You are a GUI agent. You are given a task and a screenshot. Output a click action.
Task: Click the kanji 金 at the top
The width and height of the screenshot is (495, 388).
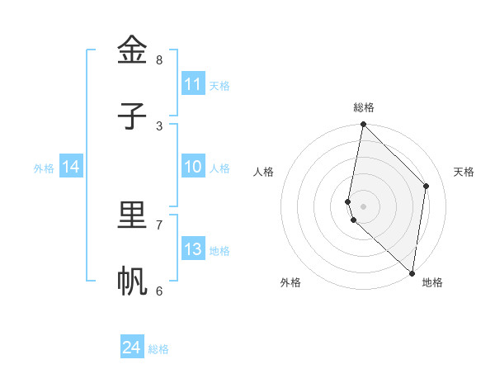[x=132, y=50]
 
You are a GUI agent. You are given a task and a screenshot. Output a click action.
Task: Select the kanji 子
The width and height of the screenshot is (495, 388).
[x=132, y=116]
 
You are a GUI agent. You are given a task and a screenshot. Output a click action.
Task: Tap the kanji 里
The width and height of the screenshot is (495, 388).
[x=132, y=215]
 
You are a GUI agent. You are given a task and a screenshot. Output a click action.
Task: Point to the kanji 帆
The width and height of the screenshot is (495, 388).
[x=132, y=282]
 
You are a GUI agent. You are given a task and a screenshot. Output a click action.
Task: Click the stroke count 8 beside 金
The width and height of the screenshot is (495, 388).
[x=159, y=60]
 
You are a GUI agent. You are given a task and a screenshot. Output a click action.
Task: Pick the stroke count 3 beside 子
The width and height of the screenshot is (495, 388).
[x=159, y=126]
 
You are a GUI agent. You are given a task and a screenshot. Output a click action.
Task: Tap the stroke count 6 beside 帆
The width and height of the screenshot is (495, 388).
[x=159, y=291]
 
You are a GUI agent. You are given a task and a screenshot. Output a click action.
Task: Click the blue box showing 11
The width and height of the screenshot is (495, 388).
[x=193, y=84]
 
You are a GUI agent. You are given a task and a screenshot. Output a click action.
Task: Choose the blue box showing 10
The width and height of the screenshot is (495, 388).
[x=193, y=167]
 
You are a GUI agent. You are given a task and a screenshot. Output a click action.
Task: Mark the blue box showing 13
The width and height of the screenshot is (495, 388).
[x=193, y=249]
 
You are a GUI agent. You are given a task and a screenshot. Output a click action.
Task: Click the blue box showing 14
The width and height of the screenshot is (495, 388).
[x=71, y=167]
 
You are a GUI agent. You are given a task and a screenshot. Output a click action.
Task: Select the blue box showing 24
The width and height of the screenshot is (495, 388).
[x=132, y=348]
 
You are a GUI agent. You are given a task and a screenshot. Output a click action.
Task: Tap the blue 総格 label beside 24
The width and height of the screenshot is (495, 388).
[x=158, y=349]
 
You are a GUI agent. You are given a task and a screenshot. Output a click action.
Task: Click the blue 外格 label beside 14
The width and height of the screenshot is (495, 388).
[x=44, y=168]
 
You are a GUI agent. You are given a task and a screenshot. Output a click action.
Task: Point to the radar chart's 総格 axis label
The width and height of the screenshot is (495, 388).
[x=364, y=107]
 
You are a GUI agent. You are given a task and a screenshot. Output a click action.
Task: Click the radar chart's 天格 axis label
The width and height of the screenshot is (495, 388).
[x=464, y=172]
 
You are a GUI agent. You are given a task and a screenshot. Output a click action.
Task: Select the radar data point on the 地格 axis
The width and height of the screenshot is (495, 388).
[x=412, y=272]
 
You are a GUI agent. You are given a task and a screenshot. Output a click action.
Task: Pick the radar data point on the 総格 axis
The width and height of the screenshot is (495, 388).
[x=363, y=125]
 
